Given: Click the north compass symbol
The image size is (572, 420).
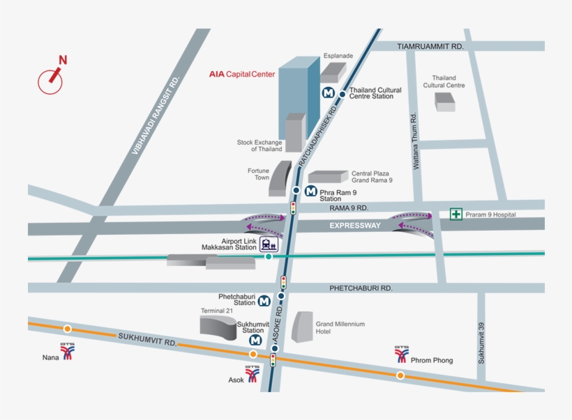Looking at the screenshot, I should coord(51,77).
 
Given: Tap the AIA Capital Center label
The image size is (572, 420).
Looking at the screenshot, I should coord(242,74).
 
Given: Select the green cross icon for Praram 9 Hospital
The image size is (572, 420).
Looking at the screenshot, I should coord(456,214).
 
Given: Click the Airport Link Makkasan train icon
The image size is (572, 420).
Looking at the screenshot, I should coord(269,243).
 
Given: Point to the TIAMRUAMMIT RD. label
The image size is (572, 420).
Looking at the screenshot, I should coord(430,46).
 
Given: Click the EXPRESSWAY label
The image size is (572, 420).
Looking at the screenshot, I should coord(355,226).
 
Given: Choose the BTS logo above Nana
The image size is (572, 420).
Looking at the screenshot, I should coord(68,351).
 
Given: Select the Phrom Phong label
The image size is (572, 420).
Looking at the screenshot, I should coord(432,360).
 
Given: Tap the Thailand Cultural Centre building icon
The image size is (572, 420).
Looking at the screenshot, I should coord(445,102).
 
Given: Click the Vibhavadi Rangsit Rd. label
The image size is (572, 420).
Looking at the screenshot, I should coord(156,116).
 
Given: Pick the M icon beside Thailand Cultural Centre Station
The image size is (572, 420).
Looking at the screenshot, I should coord(327,92).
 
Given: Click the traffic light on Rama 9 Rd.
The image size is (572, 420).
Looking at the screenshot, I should coord(293,207).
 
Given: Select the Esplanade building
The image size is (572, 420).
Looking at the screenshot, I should coord(333,72).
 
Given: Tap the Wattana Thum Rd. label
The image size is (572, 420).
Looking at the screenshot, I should coord(415,142).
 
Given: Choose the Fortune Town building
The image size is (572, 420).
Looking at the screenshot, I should coord(280,178).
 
